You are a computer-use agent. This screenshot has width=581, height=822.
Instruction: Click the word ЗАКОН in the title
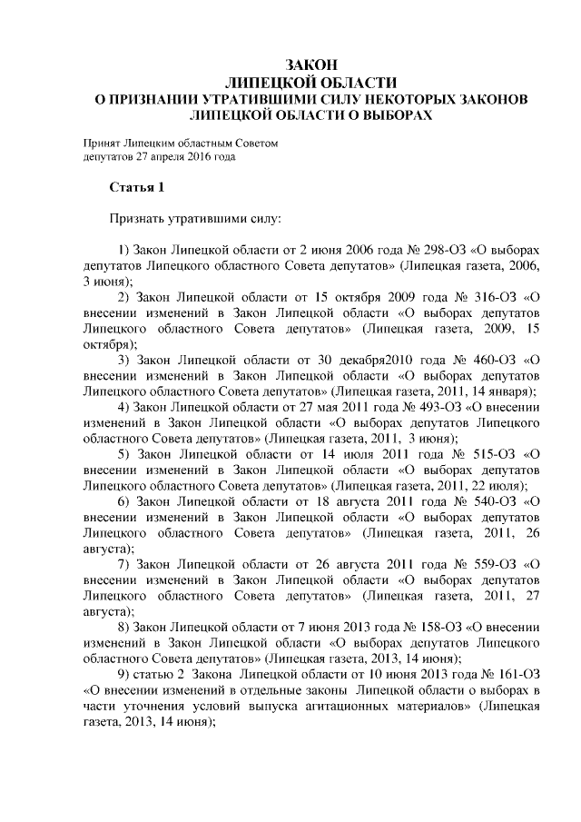pos(311,65)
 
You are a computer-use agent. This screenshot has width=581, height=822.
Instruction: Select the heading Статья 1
pos(136,188)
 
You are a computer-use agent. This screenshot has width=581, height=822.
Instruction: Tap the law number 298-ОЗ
pos(422,249)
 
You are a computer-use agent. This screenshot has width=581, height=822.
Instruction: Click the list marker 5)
pos(125,454)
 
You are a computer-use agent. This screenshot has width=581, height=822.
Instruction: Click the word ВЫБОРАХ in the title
pos(392,116)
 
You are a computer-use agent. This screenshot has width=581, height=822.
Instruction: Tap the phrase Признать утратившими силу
pos(195,219)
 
